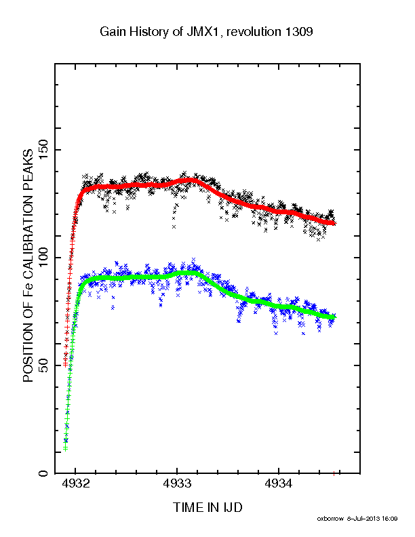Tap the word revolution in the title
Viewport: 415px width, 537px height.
click(x=254, y=32)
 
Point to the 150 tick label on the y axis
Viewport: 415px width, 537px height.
click(x=43, y=150)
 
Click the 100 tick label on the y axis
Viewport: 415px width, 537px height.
click(x=43, y=258)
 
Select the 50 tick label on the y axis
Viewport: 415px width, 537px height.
click(x=43, y=365)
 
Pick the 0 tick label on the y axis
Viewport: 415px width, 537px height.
click(x=43, y=474)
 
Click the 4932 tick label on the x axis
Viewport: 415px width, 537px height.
click(x=75, y=483)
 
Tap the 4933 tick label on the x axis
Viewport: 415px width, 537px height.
click(x=177, y=483)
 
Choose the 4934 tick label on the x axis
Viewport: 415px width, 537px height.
click(x=279, y=483)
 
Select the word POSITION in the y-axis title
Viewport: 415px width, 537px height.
click(x=28, y=351)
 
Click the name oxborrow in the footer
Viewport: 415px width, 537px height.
click(x=330, y=519)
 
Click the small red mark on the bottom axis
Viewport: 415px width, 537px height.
click(x=334, y=474)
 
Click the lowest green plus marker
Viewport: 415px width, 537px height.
click(x=65, y=449)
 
